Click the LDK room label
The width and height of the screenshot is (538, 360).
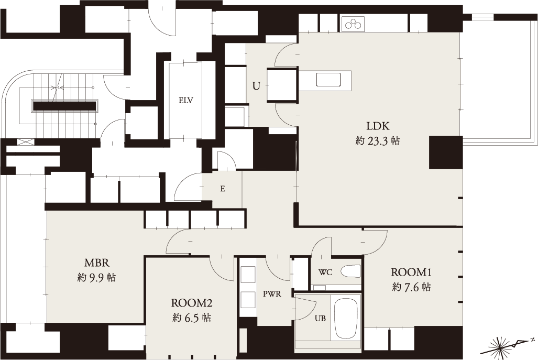(378, 126)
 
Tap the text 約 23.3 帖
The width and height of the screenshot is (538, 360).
(378, 141)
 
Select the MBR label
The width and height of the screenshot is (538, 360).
(97, 263)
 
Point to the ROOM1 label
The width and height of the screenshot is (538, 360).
(411, 272)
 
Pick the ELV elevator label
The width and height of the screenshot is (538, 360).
(185, 101)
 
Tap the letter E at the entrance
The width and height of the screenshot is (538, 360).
(223, 189)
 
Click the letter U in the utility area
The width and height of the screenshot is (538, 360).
(256, 86)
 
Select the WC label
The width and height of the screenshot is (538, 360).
(325, 273)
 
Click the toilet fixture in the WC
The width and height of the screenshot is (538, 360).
(350, 271)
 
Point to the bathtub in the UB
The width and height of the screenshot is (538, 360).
(346, 318)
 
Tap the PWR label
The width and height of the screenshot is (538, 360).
(272, 294)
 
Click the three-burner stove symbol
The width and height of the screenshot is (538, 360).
(354, 24)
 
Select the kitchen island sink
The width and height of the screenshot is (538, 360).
(328, 80)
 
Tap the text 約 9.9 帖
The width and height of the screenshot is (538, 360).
(97, 277)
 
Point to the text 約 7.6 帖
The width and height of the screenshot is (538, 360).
(411, 287)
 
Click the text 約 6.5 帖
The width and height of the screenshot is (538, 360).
(192, 318)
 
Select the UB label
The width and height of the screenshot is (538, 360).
(321, 319)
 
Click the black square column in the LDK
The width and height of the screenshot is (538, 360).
(445, 152)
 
